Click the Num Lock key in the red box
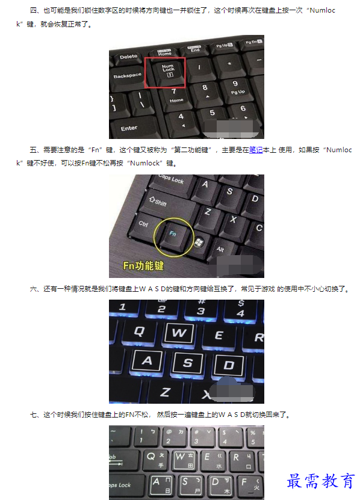pyautogui.click(x=168, y=72)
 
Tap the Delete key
pyautogui.click(x=128, y=57)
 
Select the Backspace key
pyautogui.click(x=127, y=77)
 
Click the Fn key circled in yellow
pyautogui.click(x=174, y=235)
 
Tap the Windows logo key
pyautogui.click(x=199, y=243)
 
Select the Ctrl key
pyautogui.click(x=144, y=225)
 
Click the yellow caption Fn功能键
pyautogui.click(x=143, y=265)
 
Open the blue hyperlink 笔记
pyautogui.click(x=256, y=150)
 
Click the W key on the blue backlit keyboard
pyautogui.click(x=179, y=333)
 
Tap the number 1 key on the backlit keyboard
pyautogui.click(x=123, y=307)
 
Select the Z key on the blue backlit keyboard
pyautogui.click(x=166, y=392)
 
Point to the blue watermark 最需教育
pyautogui.click(x=320, y=481)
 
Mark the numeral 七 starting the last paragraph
pyautogui.click(x=33, y=415)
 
